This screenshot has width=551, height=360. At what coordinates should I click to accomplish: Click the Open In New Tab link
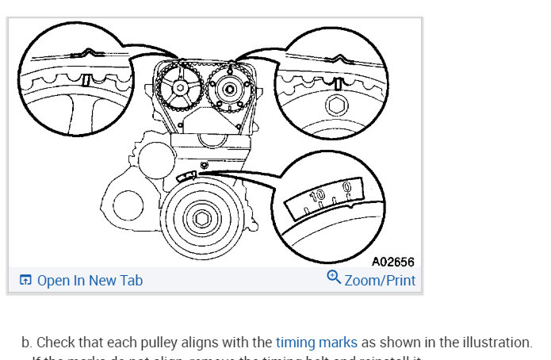point(90,280)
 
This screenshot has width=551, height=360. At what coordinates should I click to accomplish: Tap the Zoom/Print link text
point(380,280)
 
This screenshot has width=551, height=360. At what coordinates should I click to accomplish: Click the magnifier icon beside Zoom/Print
point(334,278)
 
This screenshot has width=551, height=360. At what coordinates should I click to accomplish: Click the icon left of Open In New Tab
point(25,280)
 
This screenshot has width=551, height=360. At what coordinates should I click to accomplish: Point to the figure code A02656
point(392,262)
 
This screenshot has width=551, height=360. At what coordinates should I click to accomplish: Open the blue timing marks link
point(316,343)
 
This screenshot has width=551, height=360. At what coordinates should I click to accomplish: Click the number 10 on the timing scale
point(317,196)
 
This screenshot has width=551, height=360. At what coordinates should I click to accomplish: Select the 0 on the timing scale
point(346,188)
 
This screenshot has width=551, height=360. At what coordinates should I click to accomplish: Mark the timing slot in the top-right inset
point(339,83)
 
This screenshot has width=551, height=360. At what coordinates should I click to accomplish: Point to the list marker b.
point(26,343)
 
